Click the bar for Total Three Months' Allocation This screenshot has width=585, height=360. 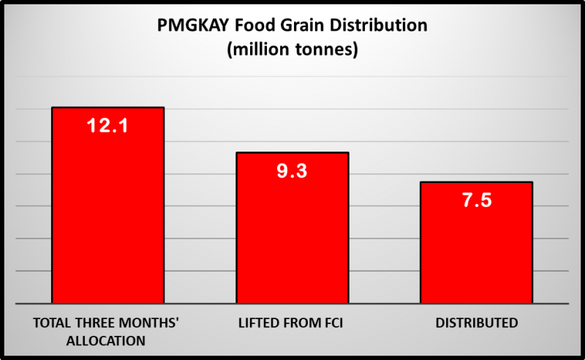[x=107, y=212]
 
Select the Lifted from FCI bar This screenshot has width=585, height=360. [x=292, y=234]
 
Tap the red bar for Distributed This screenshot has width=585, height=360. [x=476, y=249]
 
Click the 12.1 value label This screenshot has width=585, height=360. [x=107, y=126]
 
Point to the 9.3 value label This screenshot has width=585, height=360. [x=292, y=172]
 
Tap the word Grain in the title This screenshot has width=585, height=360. [x=299, y=26]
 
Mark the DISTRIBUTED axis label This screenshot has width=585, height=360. [x=476, y=323]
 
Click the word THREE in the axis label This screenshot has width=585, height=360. [x=98, y=323]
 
